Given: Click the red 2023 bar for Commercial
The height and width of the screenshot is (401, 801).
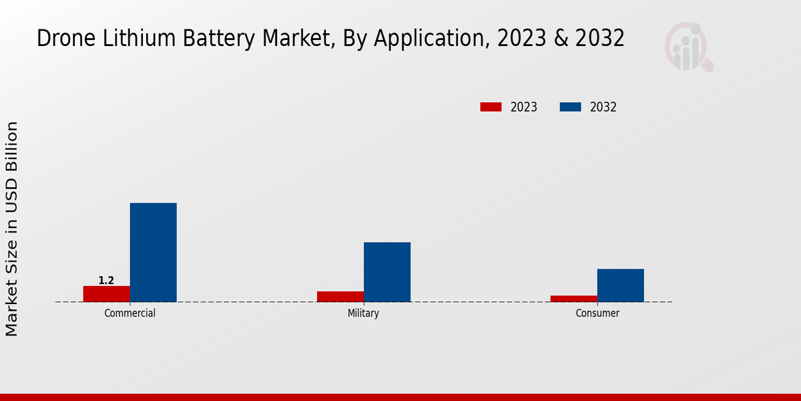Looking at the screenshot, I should click(x=106, y=294).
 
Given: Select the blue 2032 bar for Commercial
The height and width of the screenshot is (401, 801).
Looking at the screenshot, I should click(x=153, y=253).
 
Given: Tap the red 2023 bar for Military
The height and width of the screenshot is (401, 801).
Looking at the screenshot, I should click(x=340, y=297).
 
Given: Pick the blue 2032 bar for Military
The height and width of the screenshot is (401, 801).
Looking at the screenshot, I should click(x=386, y=272).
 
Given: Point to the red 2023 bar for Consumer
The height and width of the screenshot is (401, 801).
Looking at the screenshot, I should click(x=573, y=299).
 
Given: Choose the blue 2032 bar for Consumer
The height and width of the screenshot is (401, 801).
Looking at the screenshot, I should click(x=620, y=285).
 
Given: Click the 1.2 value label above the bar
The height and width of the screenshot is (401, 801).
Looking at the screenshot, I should click(x=106, y=281).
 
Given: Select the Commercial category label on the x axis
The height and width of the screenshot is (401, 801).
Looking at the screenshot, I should click(x=129, y=313).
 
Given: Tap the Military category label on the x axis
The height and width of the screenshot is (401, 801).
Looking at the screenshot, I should click(x=363, y=313).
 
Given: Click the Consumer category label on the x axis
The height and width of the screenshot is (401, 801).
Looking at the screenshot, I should click(x=597, y=313).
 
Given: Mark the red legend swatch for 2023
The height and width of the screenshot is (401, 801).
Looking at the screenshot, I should click(x=491, y=107).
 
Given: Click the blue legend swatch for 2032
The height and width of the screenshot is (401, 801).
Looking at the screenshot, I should click(x=570, y=107).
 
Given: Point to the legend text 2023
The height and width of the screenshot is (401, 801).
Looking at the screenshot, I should click(x=523, y=107).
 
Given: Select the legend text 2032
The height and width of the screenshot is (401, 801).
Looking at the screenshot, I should click(x=603, y=107).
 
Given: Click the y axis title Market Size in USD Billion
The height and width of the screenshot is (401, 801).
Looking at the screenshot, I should click(x=12, y=229).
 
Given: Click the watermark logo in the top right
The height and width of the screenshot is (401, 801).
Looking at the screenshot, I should click(x=688, y=47).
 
